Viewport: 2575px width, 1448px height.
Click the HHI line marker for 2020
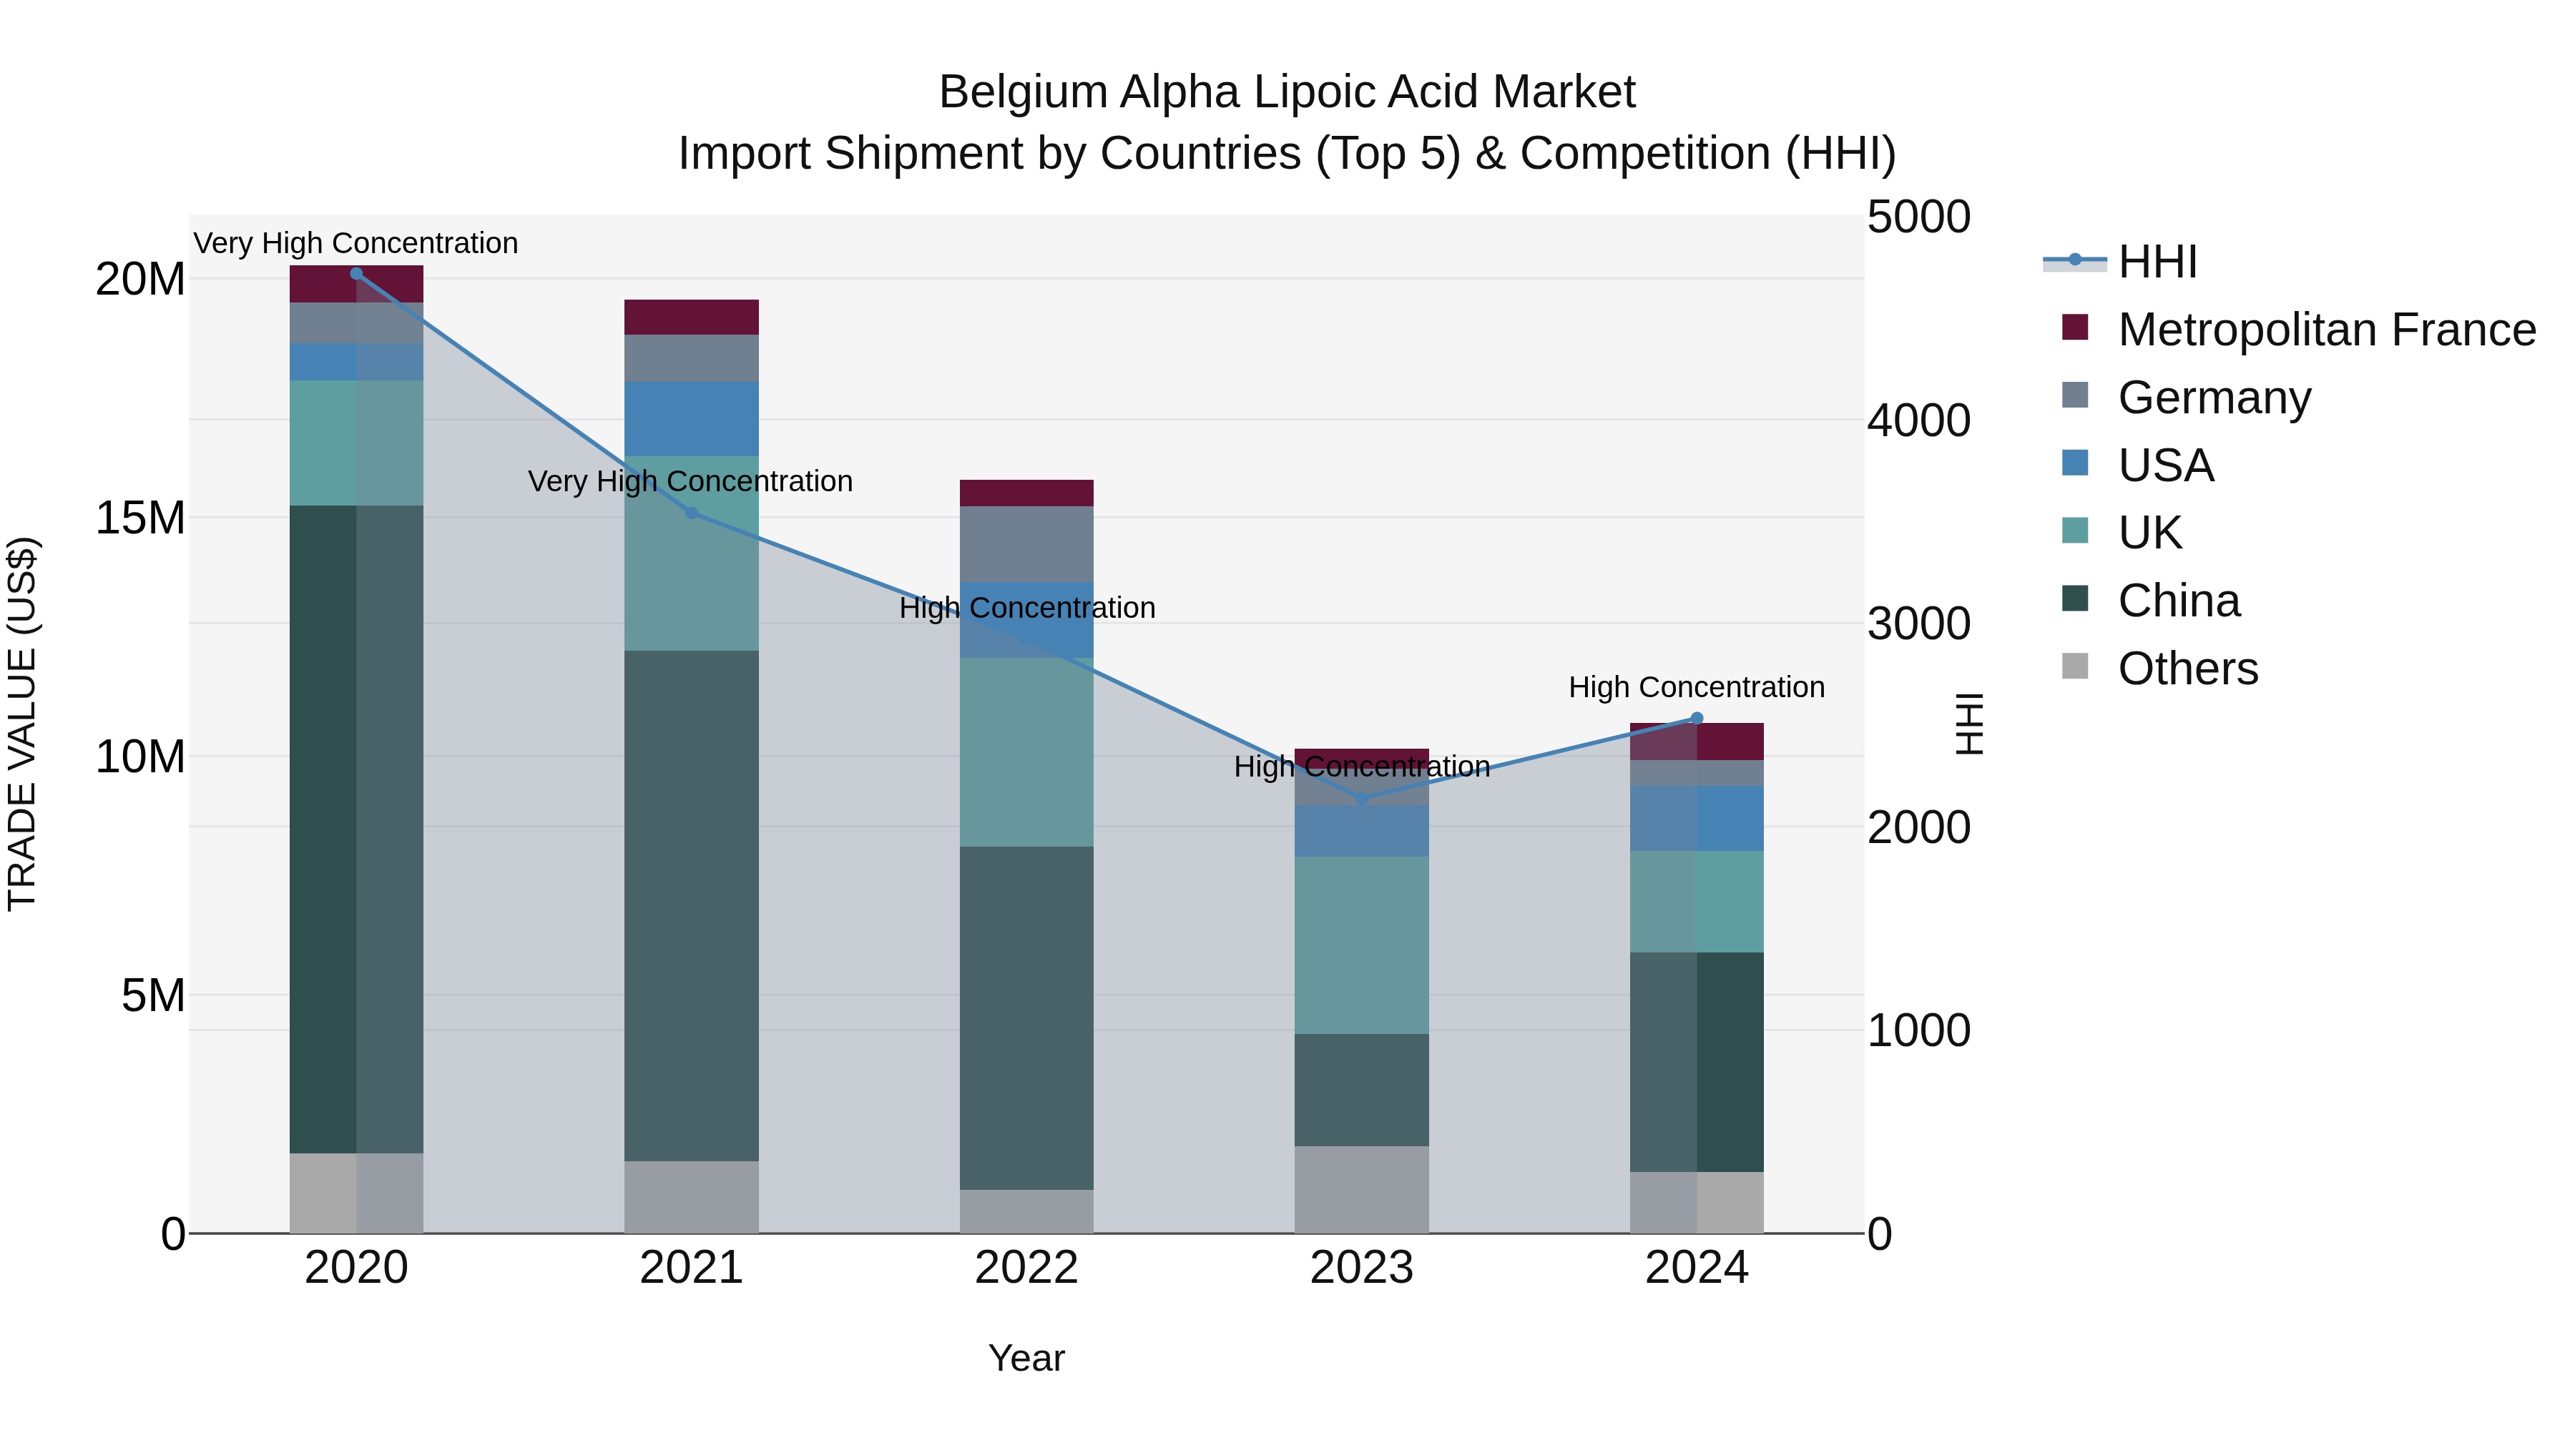coord(356,273)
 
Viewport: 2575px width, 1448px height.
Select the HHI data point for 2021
coord(691,513)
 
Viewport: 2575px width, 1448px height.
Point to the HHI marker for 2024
coord(1697,717)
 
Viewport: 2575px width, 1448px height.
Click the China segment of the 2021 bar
coord(691,905)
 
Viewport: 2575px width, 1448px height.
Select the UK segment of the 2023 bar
coord(1361,945)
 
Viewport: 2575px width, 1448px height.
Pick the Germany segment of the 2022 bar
coord(1026,543)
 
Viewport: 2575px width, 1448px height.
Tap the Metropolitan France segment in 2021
coord(691,317)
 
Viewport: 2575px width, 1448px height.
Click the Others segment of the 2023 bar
coord(1361,1189)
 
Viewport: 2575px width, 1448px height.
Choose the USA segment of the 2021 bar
coord(691,419)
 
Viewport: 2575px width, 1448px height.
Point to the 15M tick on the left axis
coord(140,518)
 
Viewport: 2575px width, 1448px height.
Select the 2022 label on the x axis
coord(1026,1268)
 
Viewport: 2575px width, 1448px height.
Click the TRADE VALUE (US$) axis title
coord(22,724)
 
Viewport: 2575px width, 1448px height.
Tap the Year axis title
coord(1026,1358)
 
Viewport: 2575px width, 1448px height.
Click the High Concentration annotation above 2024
coord(1697,687)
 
